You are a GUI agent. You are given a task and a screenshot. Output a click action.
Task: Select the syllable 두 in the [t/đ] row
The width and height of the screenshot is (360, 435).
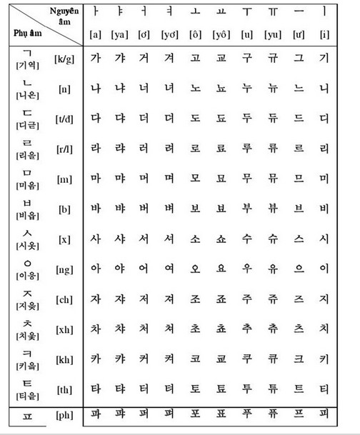point(246,119)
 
